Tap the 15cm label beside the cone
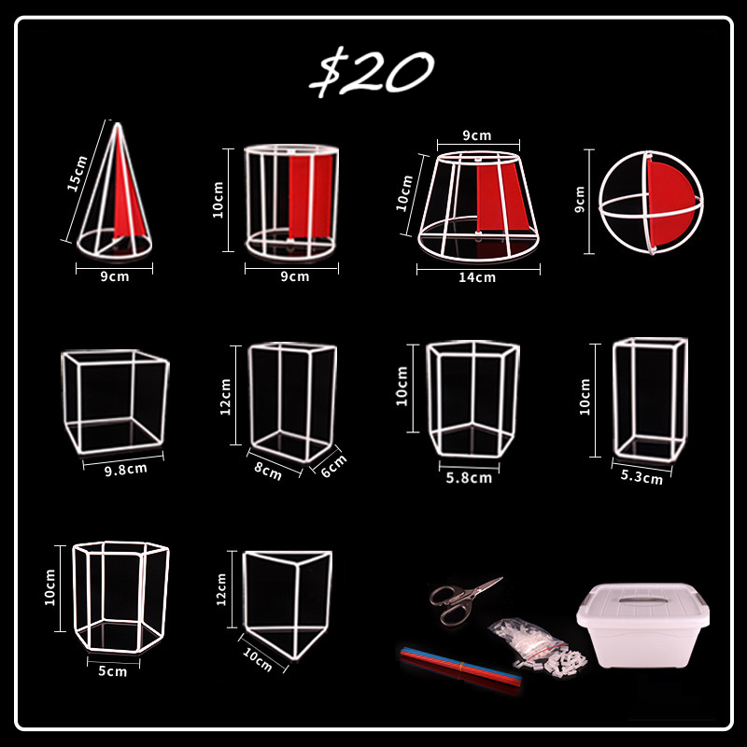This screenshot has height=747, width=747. pos(78,173)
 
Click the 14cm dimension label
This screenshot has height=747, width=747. pos(477,276)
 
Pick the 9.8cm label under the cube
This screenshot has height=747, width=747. pos(126,468)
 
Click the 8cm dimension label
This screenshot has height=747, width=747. pos(269,471)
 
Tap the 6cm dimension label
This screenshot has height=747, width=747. pos(332,464)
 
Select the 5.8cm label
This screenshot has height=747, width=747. pos(468,477)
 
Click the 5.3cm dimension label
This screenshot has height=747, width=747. pos(641,477)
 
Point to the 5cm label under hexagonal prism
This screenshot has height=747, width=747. pos(112,670)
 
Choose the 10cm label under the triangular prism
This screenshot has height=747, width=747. pos(257,661)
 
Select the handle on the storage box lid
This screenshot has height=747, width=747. pos(641,599)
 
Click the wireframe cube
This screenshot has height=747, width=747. pos(116,400)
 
